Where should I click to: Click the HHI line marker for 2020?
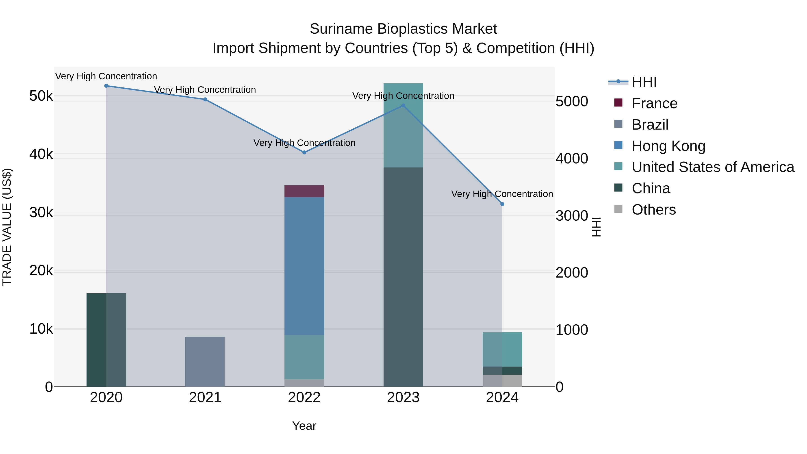[x=106, y=86]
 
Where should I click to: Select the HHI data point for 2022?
[x=304, y=153]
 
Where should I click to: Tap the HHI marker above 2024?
[x=502, y=204]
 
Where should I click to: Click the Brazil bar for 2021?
[x=205, y=362]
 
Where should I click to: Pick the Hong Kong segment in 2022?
[x=304, y=266]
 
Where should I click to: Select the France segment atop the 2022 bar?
[x=304, y=191]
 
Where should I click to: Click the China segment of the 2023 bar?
[x=403, y=277]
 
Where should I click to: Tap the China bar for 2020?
[x=106, y=340]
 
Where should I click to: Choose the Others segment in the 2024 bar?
[x=502, y=381]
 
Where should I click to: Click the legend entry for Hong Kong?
[x=668, y=146]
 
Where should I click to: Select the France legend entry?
[x=654, y=103]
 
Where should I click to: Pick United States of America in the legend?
[x=713, y=167]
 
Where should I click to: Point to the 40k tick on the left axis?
[x=41, y=154]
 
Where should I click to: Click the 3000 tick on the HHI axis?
[x=572, y=215]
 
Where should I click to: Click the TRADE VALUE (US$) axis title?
[x=7, y=227]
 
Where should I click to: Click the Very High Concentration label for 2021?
[x=205, y=90]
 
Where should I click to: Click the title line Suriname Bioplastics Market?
[x=403, y=29]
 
